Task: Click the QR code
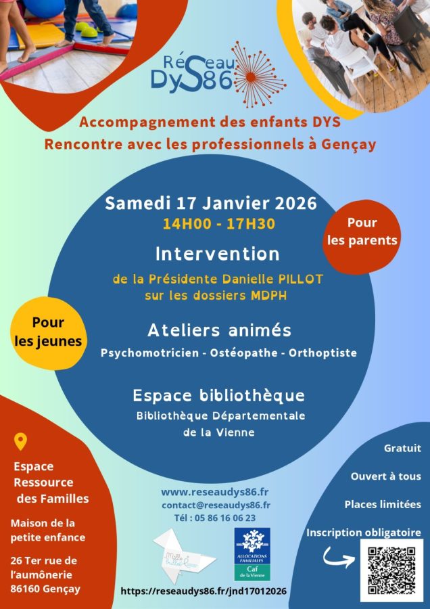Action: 392,570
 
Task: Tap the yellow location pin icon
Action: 21,442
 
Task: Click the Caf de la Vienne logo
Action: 252,554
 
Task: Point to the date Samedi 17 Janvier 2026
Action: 210,204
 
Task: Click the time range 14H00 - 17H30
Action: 218,224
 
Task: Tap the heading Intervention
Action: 217,254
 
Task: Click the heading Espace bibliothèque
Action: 218,395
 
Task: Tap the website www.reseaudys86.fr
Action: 215,491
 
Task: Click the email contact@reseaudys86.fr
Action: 216,505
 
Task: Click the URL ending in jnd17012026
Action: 204,591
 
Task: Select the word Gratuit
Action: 402,448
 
